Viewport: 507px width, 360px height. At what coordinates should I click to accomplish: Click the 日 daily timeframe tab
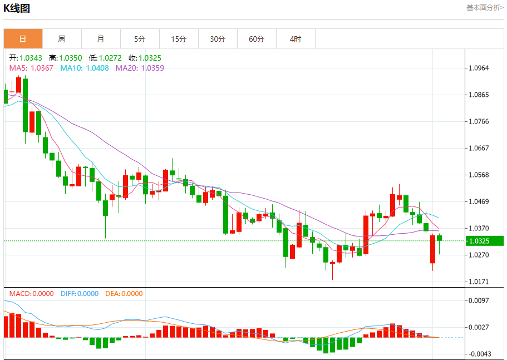(23, 39)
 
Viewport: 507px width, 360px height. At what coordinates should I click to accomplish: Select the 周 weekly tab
(62, 39)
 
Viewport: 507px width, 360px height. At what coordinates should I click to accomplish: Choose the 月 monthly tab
(101, 39)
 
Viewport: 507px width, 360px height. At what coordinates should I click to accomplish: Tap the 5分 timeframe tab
(140, 39)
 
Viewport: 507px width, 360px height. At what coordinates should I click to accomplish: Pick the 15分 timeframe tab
(179, 39)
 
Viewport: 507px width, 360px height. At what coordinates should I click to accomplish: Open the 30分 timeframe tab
(218, 39)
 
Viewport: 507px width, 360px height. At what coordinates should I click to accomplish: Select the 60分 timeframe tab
(257, 39)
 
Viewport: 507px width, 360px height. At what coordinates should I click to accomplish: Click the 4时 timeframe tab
(296, 39)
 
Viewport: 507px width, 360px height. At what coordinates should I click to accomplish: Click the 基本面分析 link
(484, 8)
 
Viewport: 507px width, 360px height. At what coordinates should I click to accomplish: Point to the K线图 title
(17, 8)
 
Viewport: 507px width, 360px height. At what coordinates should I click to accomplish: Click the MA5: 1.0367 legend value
(31, 68)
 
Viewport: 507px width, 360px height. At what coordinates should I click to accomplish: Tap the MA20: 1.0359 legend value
(140, 68)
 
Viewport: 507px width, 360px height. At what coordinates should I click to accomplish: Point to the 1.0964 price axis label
(479, 68)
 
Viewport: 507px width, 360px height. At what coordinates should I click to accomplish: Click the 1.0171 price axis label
(479, 282)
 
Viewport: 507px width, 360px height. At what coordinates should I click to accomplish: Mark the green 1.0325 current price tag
(485, 241)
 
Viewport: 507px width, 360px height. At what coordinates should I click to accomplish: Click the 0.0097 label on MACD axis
(479, 300)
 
